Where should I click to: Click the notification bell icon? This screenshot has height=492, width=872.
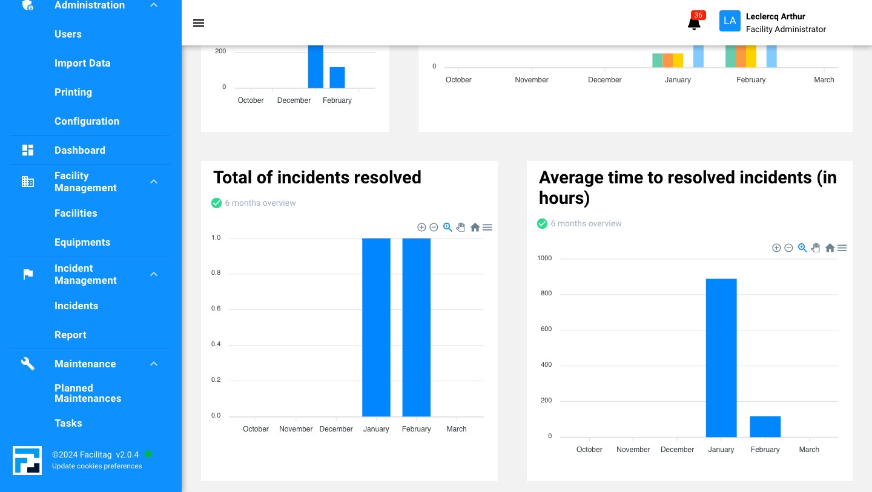pyautogui.click(x=694, y=24)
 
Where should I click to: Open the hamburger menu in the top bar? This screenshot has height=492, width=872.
pyautogui.click(x=199, y=23)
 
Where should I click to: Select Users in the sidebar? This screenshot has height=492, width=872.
pyautogui.click(x=68, y=34)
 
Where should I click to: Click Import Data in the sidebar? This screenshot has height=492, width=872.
pyautogui.click(x=82, y=63)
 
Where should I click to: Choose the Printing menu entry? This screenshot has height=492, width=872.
pyautogui.click(x=73, y=92)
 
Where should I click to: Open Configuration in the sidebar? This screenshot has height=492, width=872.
pyautogui.click(x=87, y=121)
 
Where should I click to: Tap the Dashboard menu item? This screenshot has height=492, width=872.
pyautogui.click(x=79, y=150)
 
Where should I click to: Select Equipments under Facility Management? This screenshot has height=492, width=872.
pyautogui.click(x=82, y=242)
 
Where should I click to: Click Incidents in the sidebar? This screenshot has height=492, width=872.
pyautogui.click(x=76, y=306)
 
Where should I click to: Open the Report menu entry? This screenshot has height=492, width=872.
pyautogui.click(x=70, y=335)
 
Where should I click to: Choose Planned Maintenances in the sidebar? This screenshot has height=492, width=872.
pyautogui.click(x=88, y=393)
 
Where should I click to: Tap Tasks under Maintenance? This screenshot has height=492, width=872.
pyautogui.click(x=68, y=423)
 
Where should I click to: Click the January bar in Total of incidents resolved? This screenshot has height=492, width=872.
pyautogui.click(x=376, y=327)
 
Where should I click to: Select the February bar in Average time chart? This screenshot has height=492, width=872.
pyautogui.click(x=765, y=427)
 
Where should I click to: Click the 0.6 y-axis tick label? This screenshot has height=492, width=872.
pyautogui.click(x=216, y=309)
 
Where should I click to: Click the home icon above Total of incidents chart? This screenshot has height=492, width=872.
pyautogui.click(x=475, y=228)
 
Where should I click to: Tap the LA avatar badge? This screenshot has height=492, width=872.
pyautogui.click(x=730, y=21)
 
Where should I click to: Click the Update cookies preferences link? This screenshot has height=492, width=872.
pyautogui.click(x=97, y=466)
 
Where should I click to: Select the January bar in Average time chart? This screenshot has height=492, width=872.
pyautogui.click(x=721, y=358)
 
